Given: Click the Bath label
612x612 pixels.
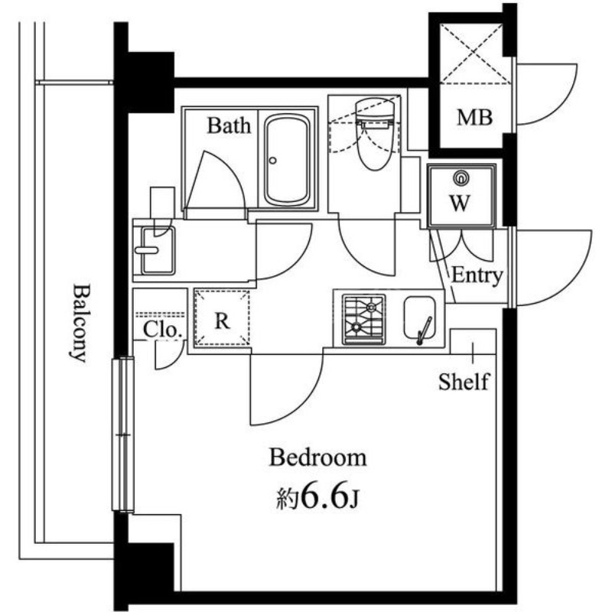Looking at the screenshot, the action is (x=229, y=125).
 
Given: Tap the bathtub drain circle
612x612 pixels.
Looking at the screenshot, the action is (x=272, y=161).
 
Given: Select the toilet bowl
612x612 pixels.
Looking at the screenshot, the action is (x=375, y=135).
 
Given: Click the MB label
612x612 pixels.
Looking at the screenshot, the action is (x=474, y=117).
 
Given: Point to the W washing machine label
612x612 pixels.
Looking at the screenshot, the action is (x=460, y=203).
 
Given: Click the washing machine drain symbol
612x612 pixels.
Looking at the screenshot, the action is (x=461, y=178).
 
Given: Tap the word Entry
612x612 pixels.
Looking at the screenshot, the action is (x=477, y=275).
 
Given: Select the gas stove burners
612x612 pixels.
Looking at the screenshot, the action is (x=363, y=320).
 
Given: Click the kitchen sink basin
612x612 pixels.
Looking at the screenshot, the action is (x=419, y=317).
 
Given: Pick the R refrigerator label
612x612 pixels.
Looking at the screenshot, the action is (x=222, y=321).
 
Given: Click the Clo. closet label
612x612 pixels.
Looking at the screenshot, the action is (x=163, y=330).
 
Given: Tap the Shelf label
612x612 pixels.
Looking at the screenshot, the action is (x=464, y=382).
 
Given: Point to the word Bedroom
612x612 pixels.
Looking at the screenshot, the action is (x=317, y=457).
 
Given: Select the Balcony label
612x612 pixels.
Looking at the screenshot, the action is (x=80, y=324).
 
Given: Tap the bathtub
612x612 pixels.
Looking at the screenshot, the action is (x=287, y=160).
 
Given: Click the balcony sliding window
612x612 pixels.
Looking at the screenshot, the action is (x=123, y=435).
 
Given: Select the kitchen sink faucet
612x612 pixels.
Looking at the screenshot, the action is (x=424, y=331).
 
